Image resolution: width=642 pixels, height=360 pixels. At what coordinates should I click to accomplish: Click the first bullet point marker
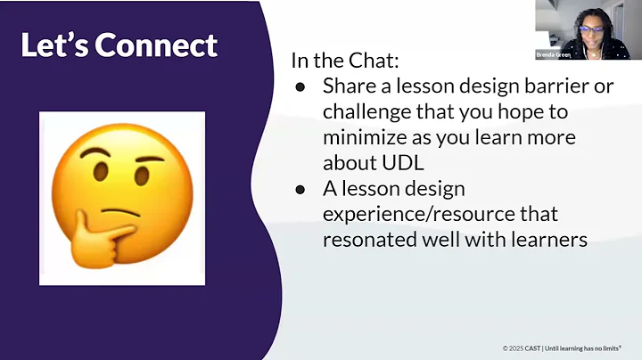tap(300, 86)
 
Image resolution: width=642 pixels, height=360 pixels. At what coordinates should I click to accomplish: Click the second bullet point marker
tap(300, 190)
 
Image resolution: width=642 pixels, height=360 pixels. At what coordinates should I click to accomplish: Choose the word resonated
tap(366, 241)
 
